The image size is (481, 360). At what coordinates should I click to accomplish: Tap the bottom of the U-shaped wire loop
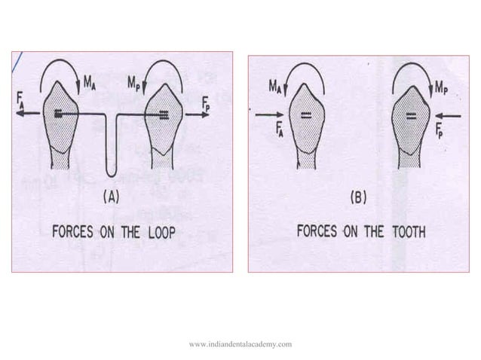pos(112,175)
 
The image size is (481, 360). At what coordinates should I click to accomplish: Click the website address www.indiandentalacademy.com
pos(240,343)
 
